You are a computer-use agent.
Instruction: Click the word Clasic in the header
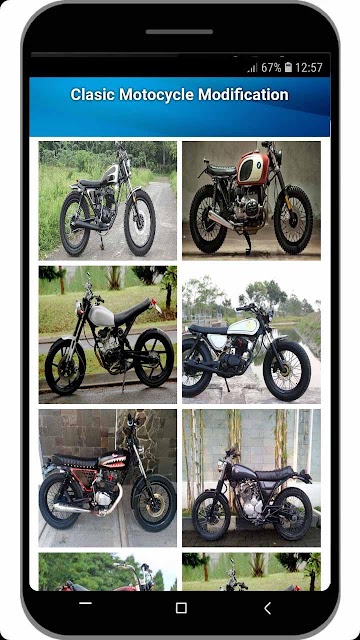(x=93, y=95)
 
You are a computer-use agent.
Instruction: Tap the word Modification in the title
(x=243, y=95)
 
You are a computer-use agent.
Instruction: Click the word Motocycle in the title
(x=157, y=95)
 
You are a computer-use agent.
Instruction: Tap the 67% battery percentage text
(x=271, y=67)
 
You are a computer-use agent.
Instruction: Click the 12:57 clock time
(x=309, y=67)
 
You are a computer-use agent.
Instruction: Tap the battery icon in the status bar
(x=288, y=67)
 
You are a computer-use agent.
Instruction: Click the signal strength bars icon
(x=252, y=68)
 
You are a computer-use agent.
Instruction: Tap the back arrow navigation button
(x=267, y=609)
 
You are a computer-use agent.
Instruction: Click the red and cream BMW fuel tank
(x=253, y=167)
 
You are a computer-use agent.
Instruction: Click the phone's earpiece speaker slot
(x=179, y=32)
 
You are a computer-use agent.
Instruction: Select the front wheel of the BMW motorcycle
(x=293, y=219)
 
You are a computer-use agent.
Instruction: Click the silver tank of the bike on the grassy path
(x=111, y=174)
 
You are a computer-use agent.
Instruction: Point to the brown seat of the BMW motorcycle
(x=221, y=169)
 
